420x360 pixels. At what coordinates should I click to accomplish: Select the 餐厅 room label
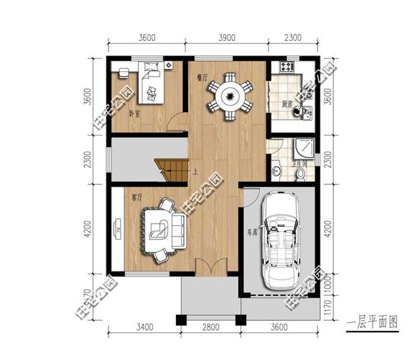point(202,77)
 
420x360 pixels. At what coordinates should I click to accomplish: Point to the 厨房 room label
point(287,104)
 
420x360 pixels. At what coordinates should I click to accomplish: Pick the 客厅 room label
point(137,196)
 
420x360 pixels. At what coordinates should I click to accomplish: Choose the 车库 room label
point(251,232)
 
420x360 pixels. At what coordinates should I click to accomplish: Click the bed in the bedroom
point(151,83)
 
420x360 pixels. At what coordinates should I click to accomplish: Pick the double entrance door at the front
point(211,269)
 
